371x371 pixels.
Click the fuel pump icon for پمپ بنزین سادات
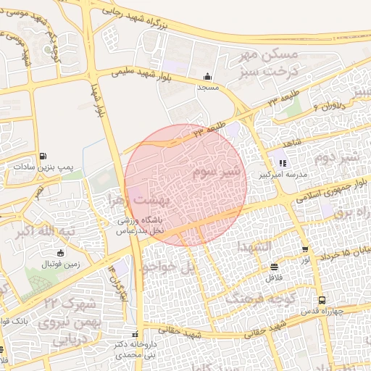(44, 156)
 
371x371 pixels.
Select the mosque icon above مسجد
(209, 77)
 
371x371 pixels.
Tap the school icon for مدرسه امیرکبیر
(283, 164)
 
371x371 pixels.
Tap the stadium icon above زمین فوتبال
(59, 253)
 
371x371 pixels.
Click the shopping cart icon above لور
(306, 249)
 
